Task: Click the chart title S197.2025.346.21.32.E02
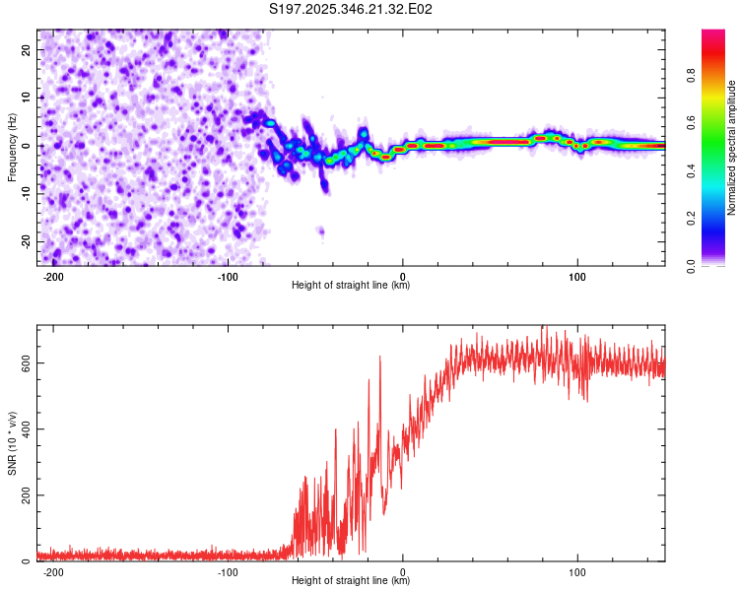[352, 10]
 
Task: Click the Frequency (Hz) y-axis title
[12, 147]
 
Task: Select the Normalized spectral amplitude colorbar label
[732, 148]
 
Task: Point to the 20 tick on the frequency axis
[28, 49]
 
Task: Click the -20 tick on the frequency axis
[26, 241]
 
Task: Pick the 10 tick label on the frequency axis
[28, 98]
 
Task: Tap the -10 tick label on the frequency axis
[26, 193]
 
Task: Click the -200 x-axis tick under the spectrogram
[53, 276]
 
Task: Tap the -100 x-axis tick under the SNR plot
[228, 571]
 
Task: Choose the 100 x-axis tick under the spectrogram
[577, 276]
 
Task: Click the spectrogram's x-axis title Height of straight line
[351, 286]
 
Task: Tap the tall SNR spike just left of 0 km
[380, 359]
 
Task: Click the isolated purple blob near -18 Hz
[320, 230]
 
